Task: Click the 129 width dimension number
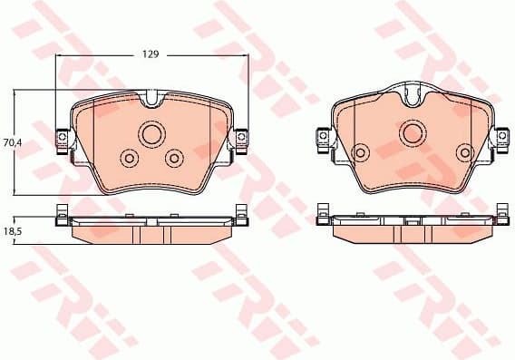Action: click(151, 54)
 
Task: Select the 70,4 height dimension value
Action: click(11, 142)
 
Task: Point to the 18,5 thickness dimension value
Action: click(11, 233)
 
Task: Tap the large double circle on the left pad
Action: click(151, 134)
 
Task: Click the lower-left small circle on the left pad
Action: click(128, 160)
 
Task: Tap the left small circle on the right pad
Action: click(361, 151)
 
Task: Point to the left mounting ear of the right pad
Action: click(322, 137)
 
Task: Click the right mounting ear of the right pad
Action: click(501, 137)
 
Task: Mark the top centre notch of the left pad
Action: click(151, 97)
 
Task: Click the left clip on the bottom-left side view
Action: click(60, 216)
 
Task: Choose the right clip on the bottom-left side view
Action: click(241, 216)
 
